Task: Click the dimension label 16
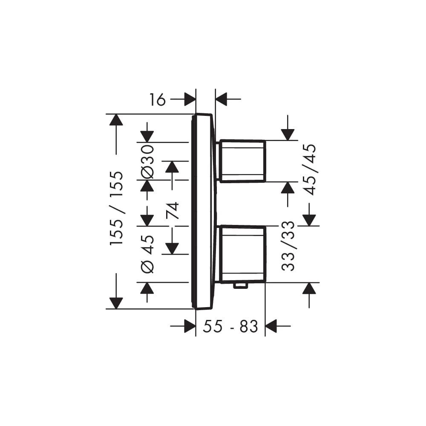click(x=157, y=100)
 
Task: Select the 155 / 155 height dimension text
click(x=117, y=208)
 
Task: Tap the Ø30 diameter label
click(x=147, y=161)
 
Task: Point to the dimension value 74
click(x=173, y=210)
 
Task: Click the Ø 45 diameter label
click(x=147, y=254)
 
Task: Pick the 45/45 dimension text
click(x=310, y=170)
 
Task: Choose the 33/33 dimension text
click(x=288, y=246)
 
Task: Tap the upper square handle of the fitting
click(x=242, y=161)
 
